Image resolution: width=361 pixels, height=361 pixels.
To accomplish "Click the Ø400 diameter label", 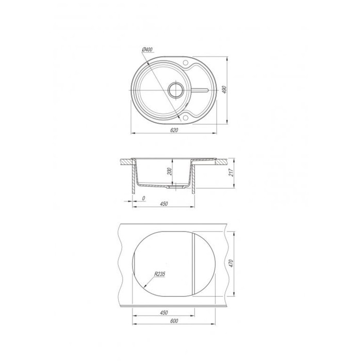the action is point(147,50).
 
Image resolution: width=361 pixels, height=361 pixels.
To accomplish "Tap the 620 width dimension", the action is point(174,130).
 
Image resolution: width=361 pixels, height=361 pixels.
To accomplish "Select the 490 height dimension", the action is point(225,90).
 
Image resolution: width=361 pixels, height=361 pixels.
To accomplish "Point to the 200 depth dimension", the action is point(170,171).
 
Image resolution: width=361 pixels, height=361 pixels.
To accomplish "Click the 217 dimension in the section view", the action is point(232,172).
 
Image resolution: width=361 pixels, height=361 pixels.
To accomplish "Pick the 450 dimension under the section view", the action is point(163,204).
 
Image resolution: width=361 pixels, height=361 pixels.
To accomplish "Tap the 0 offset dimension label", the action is point(144,198).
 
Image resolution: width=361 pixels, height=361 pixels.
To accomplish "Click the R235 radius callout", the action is point(160,274).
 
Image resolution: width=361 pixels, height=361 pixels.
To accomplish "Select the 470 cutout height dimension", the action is point(232,264).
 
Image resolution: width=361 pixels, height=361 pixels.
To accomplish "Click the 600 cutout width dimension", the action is point(174,321).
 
